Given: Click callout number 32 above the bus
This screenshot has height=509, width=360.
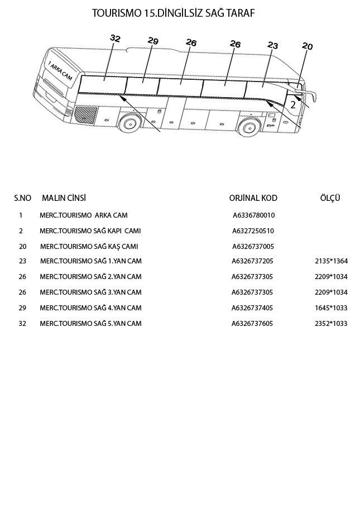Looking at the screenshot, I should point(115,39).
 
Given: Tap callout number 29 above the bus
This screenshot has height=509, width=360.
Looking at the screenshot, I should point(153,41).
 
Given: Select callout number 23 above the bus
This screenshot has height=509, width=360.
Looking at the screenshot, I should point(272,45).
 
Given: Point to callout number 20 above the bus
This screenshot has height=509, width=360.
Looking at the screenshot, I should point(307,47).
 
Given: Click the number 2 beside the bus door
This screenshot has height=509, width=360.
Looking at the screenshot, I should point(293,104).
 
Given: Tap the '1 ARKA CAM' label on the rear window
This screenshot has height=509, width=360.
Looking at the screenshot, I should point(60,71).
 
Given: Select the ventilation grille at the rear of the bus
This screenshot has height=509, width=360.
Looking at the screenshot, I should point(86,114).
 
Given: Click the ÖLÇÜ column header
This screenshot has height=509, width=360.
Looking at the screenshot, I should point(330,198).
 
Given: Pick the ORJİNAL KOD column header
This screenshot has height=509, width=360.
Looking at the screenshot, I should point(253,198).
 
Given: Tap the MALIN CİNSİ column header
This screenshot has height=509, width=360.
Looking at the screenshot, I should point(64,198).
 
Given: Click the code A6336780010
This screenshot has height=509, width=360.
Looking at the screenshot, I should point(253,215).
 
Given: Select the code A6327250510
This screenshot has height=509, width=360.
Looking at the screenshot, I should point(253,231).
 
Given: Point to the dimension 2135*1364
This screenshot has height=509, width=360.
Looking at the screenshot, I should point(331,261).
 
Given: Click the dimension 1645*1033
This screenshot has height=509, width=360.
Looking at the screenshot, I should point(331,308).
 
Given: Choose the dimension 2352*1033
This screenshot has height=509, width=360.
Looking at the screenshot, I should point(331,324).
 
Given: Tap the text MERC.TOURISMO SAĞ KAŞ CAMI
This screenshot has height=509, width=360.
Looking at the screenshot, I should point(89,247).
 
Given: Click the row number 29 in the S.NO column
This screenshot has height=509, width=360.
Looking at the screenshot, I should point(22,308).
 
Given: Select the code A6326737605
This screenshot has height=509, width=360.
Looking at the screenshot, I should point(252,324).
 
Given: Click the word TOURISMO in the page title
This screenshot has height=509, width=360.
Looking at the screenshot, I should point(116,13).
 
